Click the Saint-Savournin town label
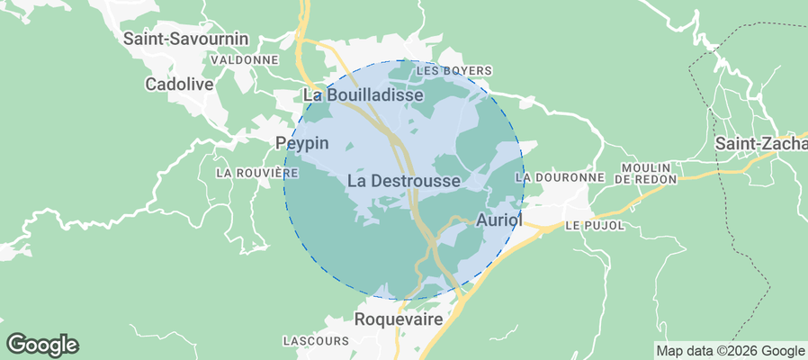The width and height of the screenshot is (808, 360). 186,39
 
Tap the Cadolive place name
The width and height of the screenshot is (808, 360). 178,84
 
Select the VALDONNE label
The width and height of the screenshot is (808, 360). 244,59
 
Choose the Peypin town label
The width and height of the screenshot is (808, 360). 301,143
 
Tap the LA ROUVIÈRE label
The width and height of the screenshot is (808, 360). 256,172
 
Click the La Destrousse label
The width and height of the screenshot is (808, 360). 403,181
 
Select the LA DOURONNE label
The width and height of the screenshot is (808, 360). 560,178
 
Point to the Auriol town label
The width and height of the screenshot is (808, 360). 498,220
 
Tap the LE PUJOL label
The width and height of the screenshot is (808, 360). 595,226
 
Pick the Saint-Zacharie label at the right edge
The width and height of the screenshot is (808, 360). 761,144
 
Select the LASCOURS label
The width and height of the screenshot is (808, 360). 315,341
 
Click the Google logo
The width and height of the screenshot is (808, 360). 42,345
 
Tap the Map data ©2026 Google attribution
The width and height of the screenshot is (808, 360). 730,351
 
